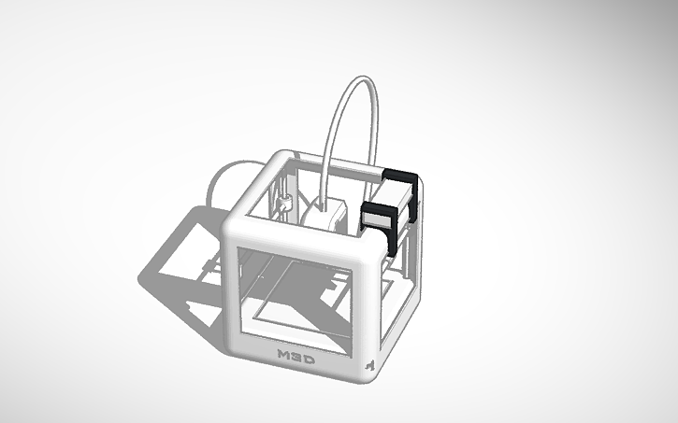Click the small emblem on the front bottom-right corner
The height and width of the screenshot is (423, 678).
coord(369,364)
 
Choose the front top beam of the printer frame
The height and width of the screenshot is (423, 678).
coord(299,233)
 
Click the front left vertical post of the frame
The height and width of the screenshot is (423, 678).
coord(232,289)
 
